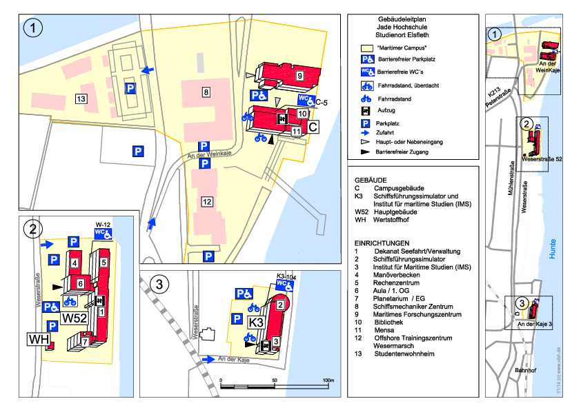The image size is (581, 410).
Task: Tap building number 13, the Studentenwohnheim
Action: click(81, 99)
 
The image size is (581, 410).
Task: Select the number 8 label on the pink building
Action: click(206, 92)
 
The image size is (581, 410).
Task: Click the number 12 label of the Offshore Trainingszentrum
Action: click(206, 201)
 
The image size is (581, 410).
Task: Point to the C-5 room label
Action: click(322, 103)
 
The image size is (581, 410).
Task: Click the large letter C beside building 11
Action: click(313, 127)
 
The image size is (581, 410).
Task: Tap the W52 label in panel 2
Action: click(74, 319)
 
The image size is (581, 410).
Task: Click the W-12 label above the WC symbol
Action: click(103, 225)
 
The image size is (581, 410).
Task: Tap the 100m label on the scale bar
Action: click(328, 381)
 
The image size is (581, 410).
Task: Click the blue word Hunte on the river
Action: click(552, 254)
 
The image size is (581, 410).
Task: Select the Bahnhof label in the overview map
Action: click(525, 370)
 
